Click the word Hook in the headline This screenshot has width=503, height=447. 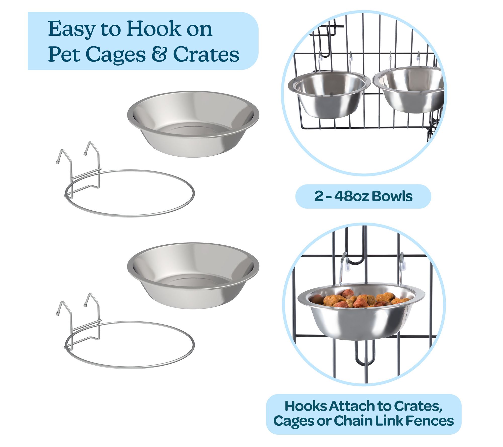pos(154,29)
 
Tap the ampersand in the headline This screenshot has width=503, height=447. pos(159,54)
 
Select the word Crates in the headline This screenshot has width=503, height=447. pos(206,54)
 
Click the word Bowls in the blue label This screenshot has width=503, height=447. pos(392,196)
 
